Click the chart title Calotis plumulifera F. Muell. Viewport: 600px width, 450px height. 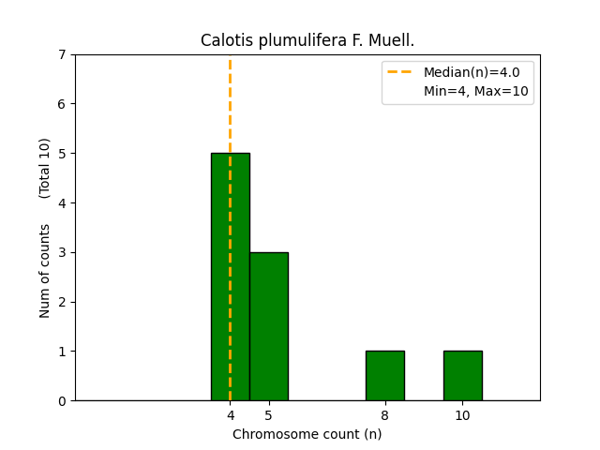(307, 40)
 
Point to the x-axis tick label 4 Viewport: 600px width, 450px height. (231, 415)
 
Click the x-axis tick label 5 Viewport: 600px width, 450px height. (269, 415)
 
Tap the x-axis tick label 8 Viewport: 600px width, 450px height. (385, 415)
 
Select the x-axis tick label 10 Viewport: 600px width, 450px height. (462, 415)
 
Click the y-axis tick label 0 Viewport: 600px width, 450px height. (63, 401)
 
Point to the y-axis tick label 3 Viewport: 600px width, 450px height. (63, 252)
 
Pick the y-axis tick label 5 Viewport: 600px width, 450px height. (63, 154)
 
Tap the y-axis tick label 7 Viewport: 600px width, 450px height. (63, 54)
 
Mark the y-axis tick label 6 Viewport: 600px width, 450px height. (63, 104)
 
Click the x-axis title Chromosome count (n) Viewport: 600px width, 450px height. (307, 434)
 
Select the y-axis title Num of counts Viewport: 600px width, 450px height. (45, 271)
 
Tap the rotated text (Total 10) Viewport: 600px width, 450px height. (45, 168)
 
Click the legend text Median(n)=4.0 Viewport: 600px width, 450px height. (472, 72)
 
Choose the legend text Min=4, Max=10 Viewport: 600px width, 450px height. (475, 91)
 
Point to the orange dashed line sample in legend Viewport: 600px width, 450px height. (400, 72)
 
